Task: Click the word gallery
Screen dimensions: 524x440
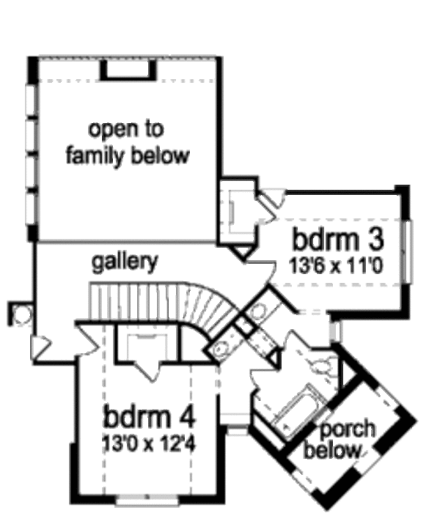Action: click(x=124, y=263)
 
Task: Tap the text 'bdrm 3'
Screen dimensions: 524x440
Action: click(x=339, y=240)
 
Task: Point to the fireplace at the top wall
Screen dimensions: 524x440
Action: click(x=127, y=70)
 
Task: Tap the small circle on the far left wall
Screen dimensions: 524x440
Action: click(x=22, y=314)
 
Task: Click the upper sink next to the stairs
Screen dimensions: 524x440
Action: click(x=255, y=312)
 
